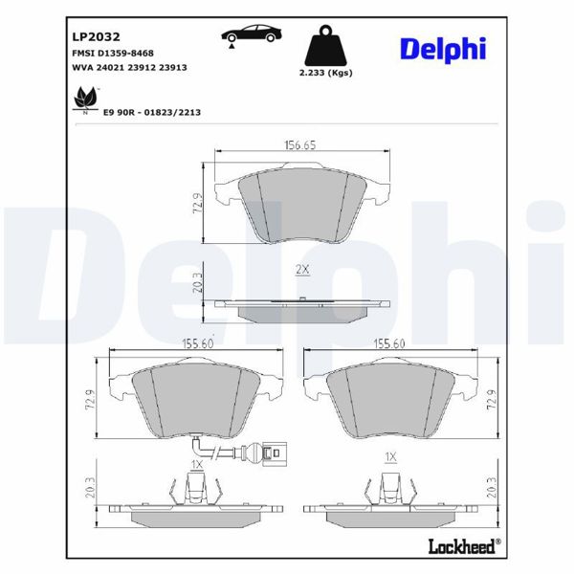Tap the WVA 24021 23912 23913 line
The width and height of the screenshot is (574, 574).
pos(129,68)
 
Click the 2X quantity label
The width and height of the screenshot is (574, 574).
pos(302,271)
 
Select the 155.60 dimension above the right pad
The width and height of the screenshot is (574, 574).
pos(390,342)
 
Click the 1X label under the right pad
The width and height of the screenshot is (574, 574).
pos(389,458)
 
